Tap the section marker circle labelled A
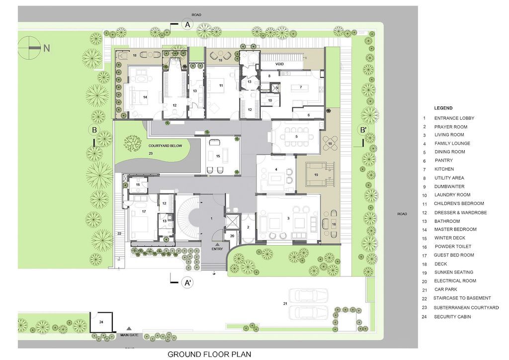point(187,24)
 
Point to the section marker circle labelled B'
point(363,131)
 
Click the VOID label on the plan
point(269,64)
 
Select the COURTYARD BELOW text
point(165,146)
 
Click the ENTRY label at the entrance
point(217,249)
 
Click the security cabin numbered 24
point(101,322)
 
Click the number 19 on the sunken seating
point(316,175)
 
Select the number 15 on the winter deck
point(218,156)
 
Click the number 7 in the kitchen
point(300,87)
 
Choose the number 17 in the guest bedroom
point(144,212)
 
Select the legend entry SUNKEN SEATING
point(453,272)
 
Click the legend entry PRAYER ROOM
point(450,127)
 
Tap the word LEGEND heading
point(443,108)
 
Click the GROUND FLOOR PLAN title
point(209,355)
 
